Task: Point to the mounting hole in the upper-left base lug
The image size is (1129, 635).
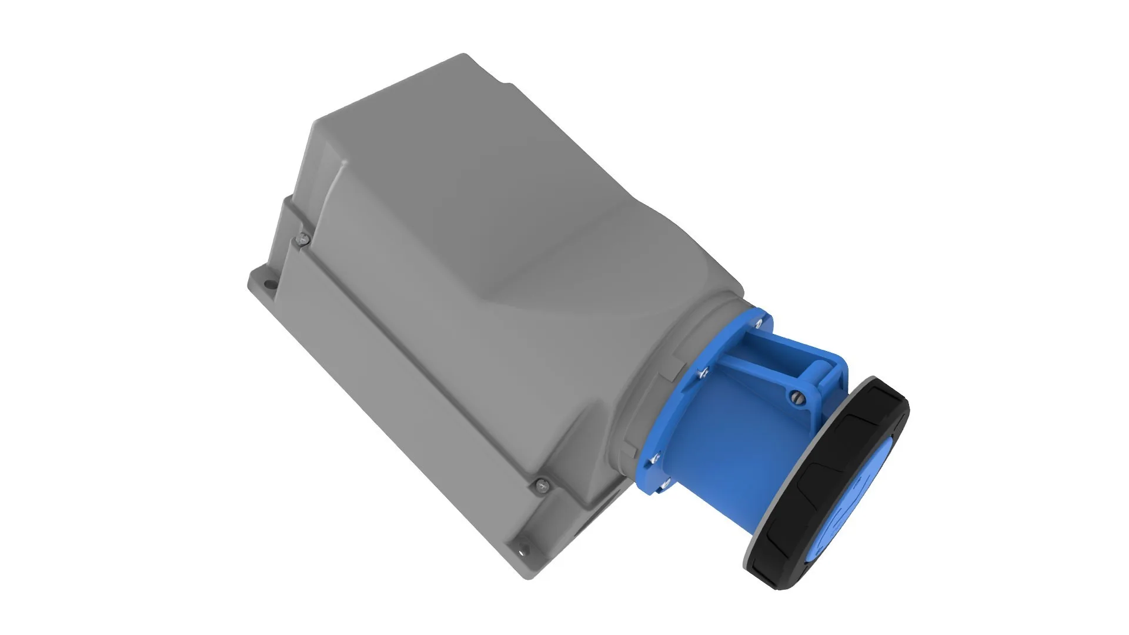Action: point(270,286)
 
